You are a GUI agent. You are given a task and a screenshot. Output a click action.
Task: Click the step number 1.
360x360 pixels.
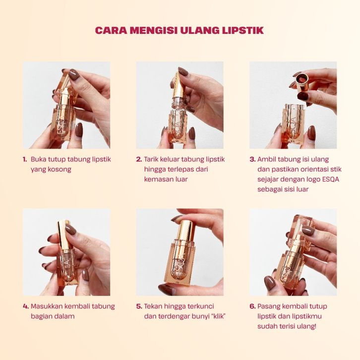pyautogui.click(x=25, y=159)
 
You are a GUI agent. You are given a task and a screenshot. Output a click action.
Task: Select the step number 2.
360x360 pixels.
pyautogui.click(x=139, y=159)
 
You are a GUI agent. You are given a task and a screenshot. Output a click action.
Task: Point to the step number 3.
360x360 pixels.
pyautogui.click(x=252, y=159)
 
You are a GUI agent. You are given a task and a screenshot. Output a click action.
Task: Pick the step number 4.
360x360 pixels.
pyautogui.click(x=26, y=306)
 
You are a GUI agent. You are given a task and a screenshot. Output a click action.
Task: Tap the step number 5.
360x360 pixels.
pyautogui.click(x=139, y=306)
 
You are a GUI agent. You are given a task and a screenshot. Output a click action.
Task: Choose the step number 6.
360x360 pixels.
pyautogui.click(x=252, y=306)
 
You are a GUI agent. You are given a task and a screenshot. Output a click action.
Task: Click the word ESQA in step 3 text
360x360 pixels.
pyautogui.click(x=331, y=180)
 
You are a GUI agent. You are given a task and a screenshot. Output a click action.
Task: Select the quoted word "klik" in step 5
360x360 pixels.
pyautogui.click(x=218, y=316)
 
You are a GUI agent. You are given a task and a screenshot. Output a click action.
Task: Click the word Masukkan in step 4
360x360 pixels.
pyautogui.click(x=47, y=306)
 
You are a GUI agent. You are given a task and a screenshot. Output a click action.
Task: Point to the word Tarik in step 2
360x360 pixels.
pyautogui.click(x=151, y=159)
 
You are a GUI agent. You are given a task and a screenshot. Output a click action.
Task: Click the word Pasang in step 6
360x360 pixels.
pyautogui.click(x=269, y=307)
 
